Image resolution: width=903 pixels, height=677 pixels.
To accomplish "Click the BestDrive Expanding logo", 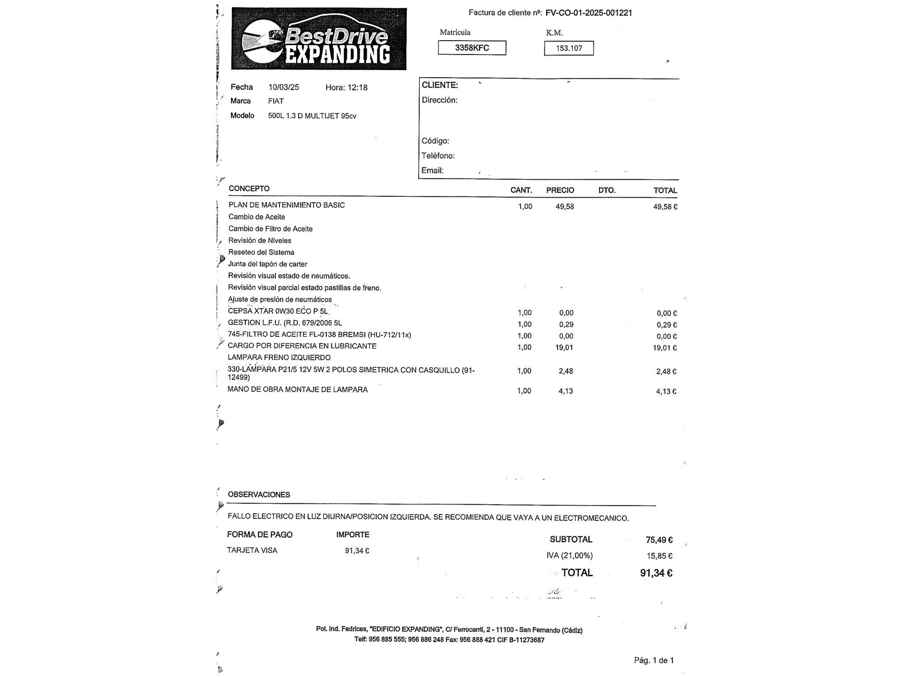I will click(x=319, y=39).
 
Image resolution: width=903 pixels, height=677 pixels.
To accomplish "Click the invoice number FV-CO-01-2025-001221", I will click(x=588, y=13).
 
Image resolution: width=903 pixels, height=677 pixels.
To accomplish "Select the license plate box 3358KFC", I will click(x=472, y=48).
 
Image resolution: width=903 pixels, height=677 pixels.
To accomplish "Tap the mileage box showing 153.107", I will click(x=568, y=48).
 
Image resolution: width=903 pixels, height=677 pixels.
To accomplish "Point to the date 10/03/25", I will click(x=284, y=87).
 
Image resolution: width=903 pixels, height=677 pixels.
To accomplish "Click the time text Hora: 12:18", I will click(x=346, y=88).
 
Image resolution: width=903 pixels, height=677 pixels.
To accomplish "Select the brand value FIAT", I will click(x=276, y=101).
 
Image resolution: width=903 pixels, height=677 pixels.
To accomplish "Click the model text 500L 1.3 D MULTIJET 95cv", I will click(x=312, y=116).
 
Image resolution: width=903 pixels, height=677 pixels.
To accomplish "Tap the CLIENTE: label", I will click(x=440, y=85).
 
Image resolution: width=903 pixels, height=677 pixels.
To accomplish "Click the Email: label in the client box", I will click(x=433, y=171).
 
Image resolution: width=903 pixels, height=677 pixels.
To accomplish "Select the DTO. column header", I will click(x=607, y=190).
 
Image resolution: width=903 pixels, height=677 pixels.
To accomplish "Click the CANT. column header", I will click(x=521, y=190).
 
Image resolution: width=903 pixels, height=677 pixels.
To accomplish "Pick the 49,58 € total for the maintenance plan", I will click(x=665, y=207).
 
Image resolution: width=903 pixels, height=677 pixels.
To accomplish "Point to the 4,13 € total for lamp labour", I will click(x=666, y=391).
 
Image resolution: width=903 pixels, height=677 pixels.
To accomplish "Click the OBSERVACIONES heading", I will click(x=259, y=495).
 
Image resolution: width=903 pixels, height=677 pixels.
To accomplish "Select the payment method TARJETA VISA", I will click(x=252, y=551).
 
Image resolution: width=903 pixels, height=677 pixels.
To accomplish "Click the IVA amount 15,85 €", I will click(x=659, y=556).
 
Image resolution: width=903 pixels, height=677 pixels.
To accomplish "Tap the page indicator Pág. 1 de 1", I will click(x=654, y=660).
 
